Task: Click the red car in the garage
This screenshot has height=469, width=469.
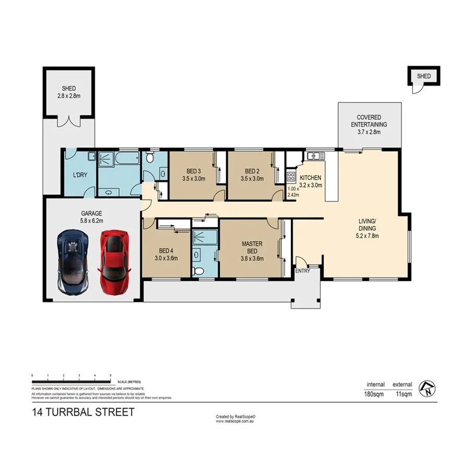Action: (114, 263)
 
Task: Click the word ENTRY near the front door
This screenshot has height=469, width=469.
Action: (302, 271)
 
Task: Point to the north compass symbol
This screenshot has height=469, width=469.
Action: (427, 387)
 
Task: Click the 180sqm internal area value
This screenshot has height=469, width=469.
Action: (374, 394)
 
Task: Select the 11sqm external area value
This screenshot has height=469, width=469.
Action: (403, 394)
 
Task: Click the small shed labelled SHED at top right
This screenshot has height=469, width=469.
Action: (424, 77)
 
